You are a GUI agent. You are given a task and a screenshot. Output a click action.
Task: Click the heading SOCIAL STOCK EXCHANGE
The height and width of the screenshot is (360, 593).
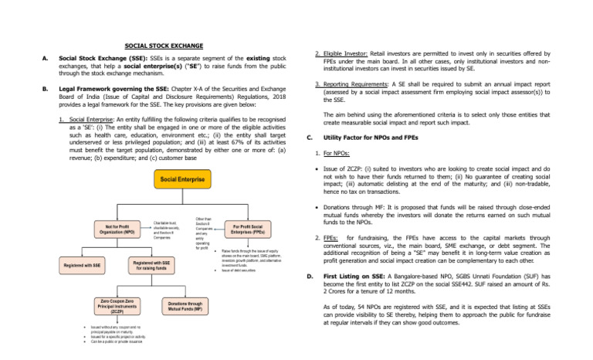[164, 46]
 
